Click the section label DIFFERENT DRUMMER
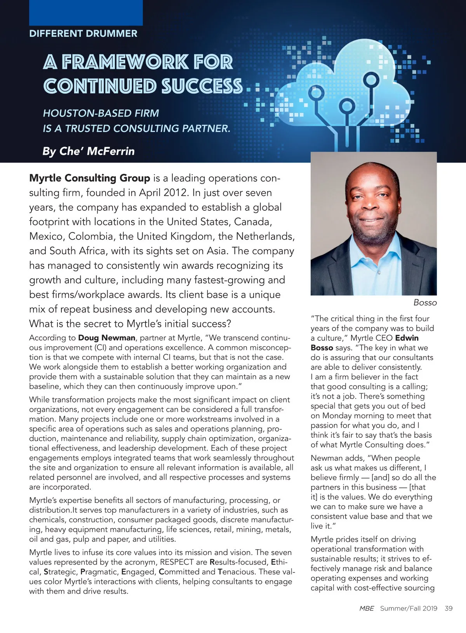[x=83, y=33]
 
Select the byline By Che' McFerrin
[x=89, y=151]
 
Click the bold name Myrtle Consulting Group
[x=90, y=178]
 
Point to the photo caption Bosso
[x=425, y=303]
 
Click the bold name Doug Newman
[x=107, y=338]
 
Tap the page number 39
[x=449, y=608]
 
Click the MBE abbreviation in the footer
[x=367, y=608]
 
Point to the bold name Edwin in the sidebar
[x=407, y=338]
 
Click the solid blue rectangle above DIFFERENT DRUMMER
[x=86, y=12]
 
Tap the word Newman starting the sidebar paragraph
[x=327, y=458]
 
